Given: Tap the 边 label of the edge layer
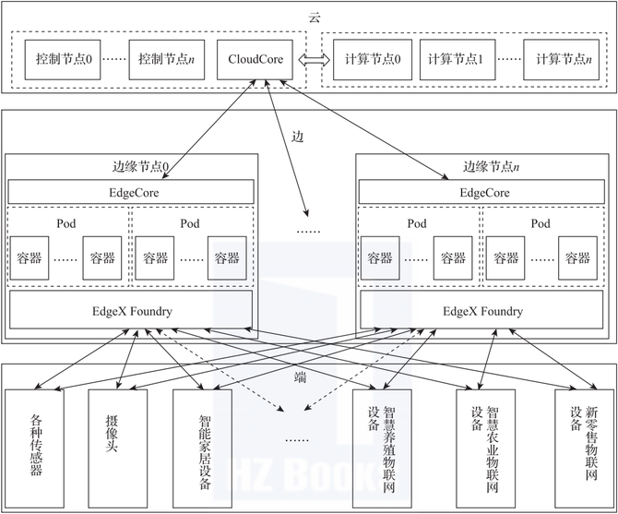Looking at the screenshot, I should pyautogui.click(x=297, y=136).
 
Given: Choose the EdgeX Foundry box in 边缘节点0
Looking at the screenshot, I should pyautogui.click(x=130, y=310).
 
